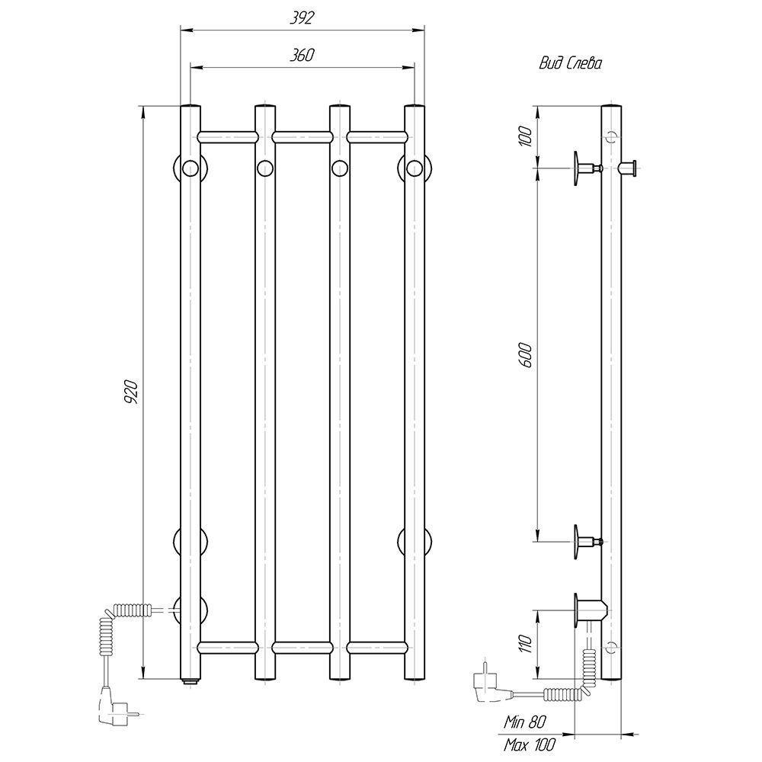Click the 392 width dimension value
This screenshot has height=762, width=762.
coord(303,18)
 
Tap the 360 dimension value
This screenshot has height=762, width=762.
coord(303,56)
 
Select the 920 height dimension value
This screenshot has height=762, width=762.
coord(132,392)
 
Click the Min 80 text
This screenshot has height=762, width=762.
coord(524,722)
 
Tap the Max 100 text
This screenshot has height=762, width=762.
coord(530,744)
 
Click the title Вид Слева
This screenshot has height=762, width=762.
coord(571,63)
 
